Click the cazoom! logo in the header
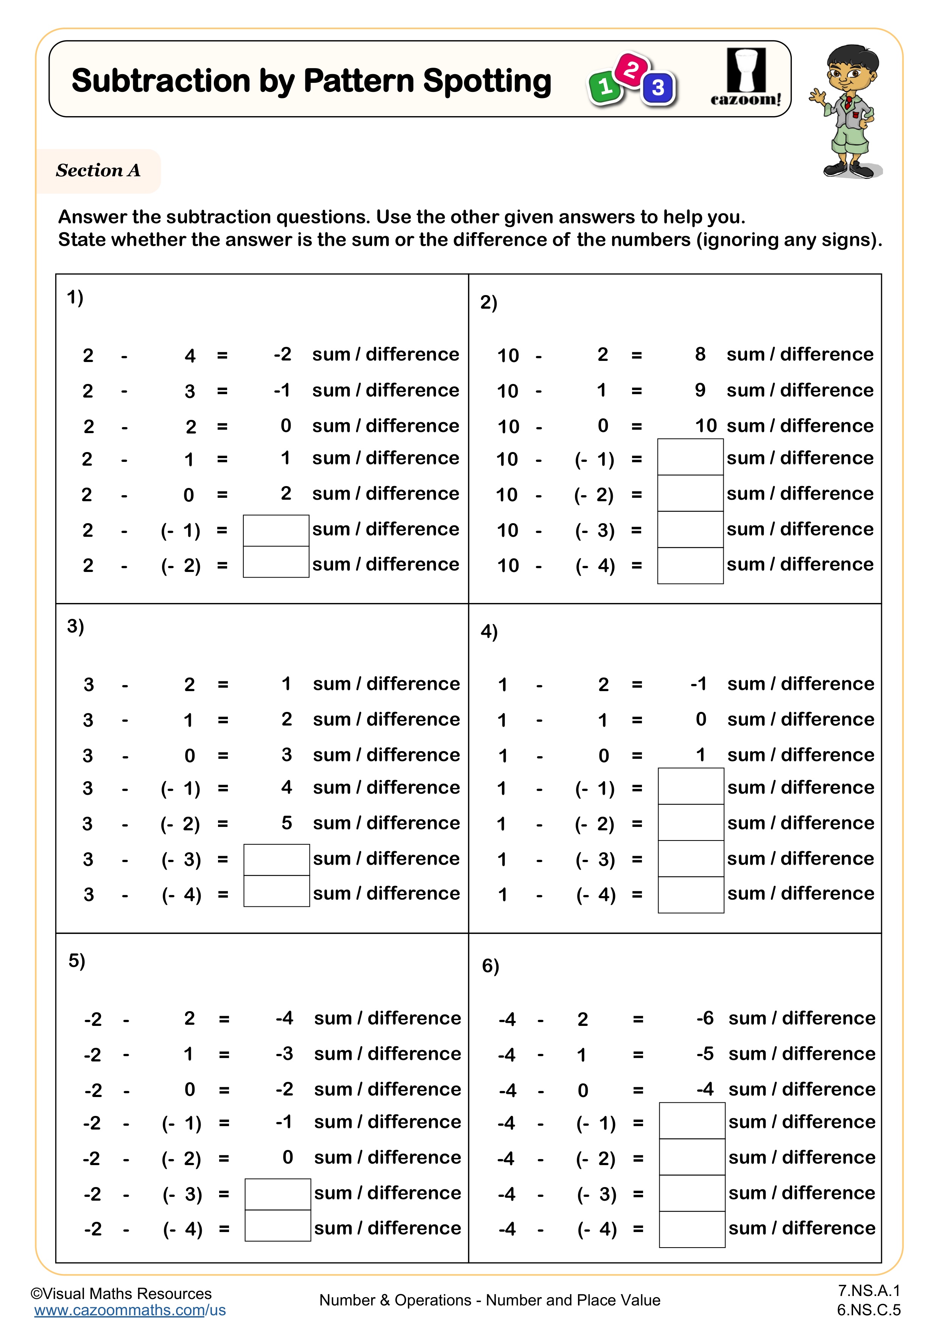click(746, 78)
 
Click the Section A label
click(98, 171)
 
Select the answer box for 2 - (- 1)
click(276, 530)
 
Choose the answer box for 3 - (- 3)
click(276, 859)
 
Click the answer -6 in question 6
click(705, 1018)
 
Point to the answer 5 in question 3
click(287, 823)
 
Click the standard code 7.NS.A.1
click(869, 1291)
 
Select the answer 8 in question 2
click(700, 354)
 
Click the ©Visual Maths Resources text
click(121, 1293)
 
